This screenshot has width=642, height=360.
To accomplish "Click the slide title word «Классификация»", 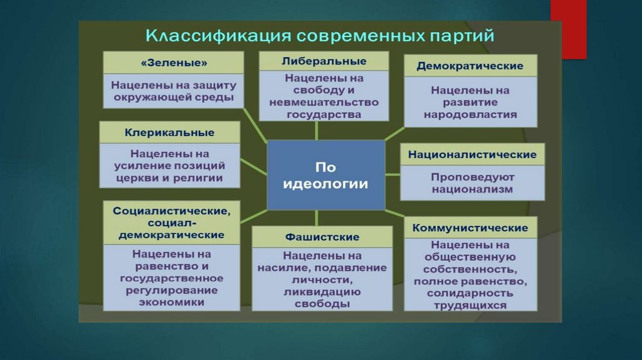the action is point(218,36).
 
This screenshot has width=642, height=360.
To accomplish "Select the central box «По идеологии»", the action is point(326,175).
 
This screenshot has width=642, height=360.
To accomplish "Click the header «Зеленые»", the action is point(174,63).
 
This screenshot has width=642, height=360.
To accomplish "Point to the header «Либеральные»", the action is point(324,61).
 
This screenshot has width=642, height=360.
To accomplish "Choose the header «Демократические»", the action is point(470,66).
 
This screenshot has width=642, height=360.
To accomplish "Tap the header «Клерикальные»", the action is point(169,132).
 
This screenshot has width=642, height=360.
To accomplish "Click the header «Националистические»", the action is point(472,154).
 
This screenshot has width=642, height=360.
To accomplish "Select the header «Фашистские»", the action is point(322,236).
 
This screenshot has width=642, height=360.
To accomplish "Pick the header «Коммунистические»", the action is point(470,228).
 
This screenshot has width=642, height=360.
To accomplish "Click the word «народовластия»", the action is point(470,114).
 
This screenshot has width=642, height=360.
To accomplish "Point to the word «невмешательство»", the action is point(324,102).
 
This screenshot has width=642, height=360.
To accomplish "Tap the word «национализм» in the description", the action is point(472,189).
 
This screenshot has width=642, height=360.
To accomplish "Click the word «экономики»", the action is point(172,302).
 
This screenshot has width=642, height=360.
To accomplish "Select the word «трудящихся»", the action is point(470,305).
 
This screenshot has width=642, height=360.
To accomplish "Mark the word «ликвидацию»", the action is point(322,292).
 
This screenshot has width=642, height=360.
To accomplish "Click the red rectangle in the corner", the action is point(568,29).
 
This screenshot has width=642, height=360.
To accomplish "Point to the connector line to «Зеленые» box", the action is point(255,125).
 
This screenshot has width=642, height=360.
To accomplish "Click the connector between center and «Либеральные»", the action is point(317,130).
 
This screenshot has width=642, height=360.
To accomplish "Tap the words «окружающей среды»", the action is point(174,97).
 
